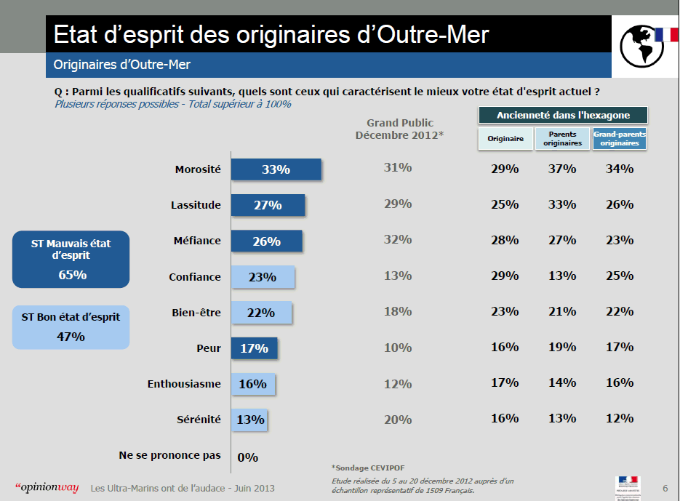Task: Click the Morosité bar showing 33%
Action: click(x=276, y=169)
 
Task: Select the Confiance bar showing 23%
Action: click(x=263, y=277)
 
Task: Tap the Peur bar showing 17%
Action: click(x=254, y=348)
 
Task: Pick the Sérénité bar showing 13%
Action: click(x=249, y=420)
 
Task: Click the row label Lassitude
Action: click(x=195, y=205)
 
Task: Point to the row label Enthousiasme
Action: click(x=183, y=384)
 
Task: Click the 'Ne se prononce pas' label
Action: click(x=169, y=455)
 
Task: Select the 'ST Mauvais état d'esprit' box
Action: click(x=71, y=259)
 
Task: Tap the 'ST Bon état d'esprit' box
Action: click(x=71, y=326)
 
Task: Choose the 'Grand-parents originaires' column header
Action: click(x=620, y=139)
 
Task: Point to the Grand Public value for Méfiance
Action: click(x=398, y=239)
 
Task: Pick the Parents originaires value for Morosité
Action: click(x=562, y=169)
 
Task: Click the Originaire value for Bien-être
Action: click(x=504, y=311)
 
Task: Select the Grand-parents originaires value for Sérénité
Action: click(x=620, y=418)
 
